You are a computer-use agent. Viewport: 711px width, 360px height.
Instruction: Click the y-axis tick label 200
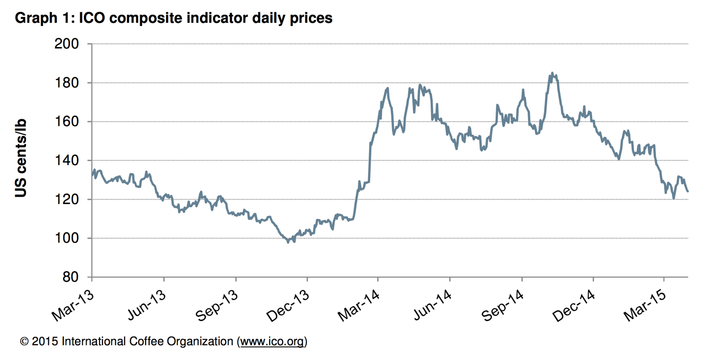point(67,44)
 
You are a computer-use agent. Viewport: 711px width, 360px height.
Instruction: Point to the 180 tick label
point(67,83)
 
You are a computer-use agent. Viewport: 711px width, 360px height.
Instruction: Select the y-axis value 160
point(67,121)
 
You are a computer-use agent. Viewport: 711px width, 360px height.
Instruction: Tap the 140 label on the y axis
point(67,160)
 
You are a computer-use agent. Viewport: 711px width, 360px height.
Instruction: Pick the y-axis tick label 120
point(67,199)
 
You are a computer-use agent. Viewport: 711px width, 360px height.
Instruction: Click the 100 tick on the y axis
point(67,238)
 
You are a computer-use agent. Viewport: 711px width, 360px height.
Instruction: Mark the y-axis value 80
point(70,277)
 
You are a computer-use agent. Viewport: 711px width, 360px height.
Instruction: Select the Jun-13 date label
point(147,305)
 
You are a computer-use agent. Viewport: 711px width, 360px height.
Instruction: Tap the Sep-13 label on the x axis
point(217,306)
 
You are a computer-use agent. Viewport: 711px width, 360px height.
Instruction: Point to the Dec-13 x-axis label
point(288,306)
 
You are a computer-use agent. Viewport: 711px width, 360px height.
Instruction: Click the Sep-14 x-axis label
point(503,306)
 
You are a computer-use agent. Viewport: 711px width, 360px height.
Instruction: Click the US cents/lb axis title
point(21,158)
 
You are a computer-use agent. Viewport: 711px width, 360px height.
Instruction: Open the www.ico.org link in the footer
point(272,341)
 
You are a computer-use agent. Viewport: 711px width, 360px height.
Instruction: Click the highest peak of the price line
point(552,73)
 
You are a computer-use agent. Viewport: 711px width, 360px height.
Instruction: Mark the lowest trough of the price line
point(288,242)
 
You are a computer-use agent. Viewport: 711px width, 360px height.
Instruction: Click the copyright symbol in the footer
point(24,341)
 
